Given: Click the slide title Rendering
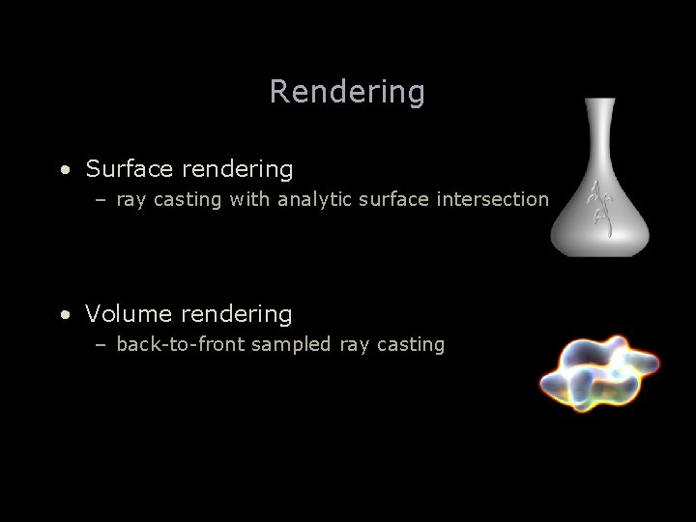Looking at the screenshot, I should point(347,92).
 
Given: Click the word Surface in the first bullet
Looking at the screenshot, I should point(130,169).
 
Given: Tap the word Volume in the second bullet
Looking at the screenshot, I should point(129,314).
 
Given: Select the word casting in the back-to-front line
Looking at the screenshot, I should point(406,345).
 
